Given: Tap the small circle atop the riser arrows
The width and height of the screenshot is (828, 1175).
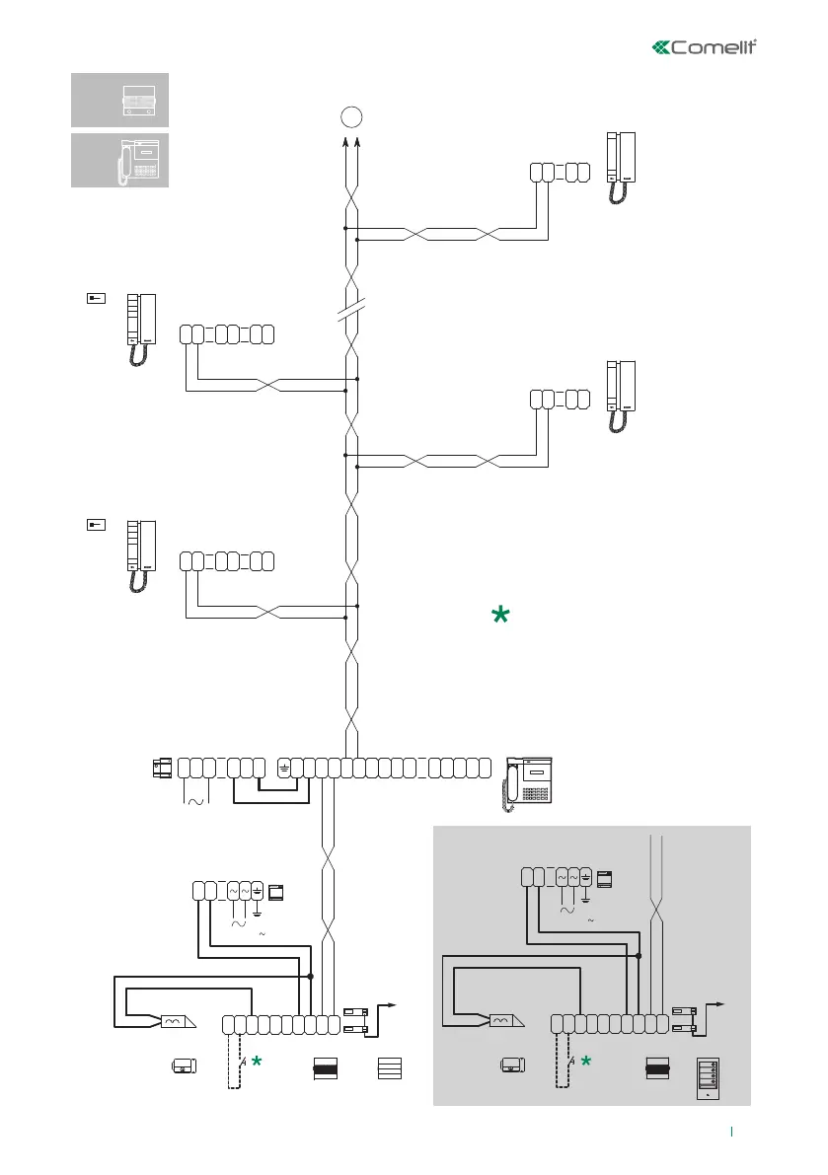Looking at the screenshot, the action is point(350,117).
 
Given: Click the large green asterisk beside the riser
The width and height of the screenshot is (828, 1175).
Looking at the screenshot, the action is point(500,616).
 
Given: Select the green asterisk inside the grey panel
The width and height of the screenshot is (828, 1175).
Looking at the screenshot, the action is point(586,1061).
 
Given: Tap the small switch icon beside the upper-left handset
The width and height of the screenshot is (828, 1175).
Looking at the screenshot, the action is point(95,298).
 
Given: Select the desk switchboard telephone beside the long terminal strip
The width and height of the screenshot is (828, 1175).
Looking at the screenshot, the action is point(528,783).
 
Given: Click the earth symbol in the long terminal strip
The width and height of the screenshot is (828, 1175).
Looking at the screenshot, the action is point(284,767).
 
